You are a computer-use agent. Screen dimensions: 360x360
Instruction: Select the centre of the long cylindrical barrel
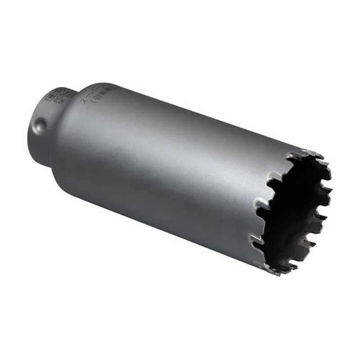166,166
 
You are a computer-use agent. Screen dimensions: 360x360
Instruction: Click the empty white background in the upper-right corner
324,36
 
